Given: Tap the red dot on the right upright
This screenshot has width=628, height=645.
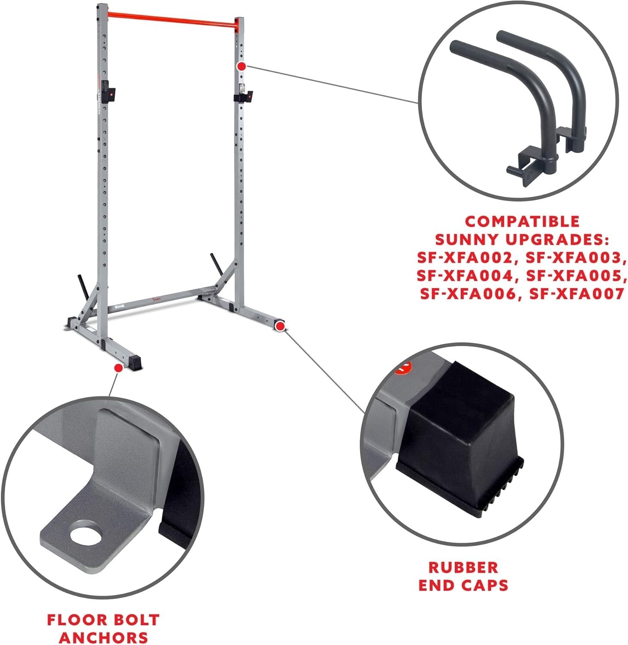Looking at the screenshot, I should [x=242, y=66].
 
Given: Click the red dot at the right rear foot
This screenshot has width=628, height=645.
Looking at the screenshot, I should [x=280, y=326].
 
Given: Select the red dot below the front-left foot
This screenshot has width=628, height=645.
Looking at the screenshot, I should [x=117, y=368].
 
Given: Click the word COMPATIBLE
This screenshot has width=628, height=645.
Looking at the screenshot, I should [x=523, y=221].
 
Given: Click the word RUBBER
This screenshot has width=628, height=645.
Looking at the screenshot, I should [x=463, y=567].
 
